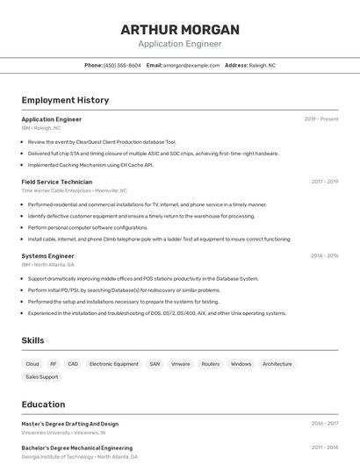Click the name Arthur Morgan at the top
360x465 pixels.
(x=180, y=29)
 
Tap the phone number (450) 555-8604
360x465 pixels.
(x=122, y=66)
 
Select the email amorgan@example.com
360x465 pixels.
(x=191, y=66)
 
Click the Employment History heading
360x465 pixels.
(x=65, y=100)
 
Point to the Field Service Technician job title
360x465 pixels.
(x=56, y=182)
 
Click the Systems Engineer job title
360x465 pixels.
(x=47, y=255)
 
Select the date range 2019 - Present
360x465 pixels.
(x=321, y=119)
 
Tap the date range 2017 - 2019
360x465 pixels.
(x=324, y=182)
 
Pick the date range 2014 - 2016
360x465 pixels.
(x=324, y=255)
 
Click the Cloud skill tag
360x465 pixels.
(x=32, y=363)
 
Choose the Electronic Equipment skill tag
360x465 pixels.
(x=114, y=363)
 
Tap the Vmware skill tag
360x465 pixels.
(x=180, y=363)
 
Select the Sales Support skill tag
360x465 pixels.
(x=41, y=376)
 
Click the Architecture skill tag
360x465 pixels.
(x=277, y=363)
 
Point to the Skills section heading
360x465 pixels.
(x=32, y=340)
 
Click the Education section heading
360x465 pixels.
(x=43, y=404)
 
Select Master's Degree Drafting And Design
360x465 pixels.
(x=69, y=424)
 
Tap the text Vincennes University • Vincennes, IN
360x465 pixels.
(x=63, y=433)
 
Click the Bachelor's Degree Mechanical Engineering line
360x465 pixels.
(x=76, y=447)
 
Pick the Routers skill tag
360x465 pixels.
(x=211, y=363)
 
